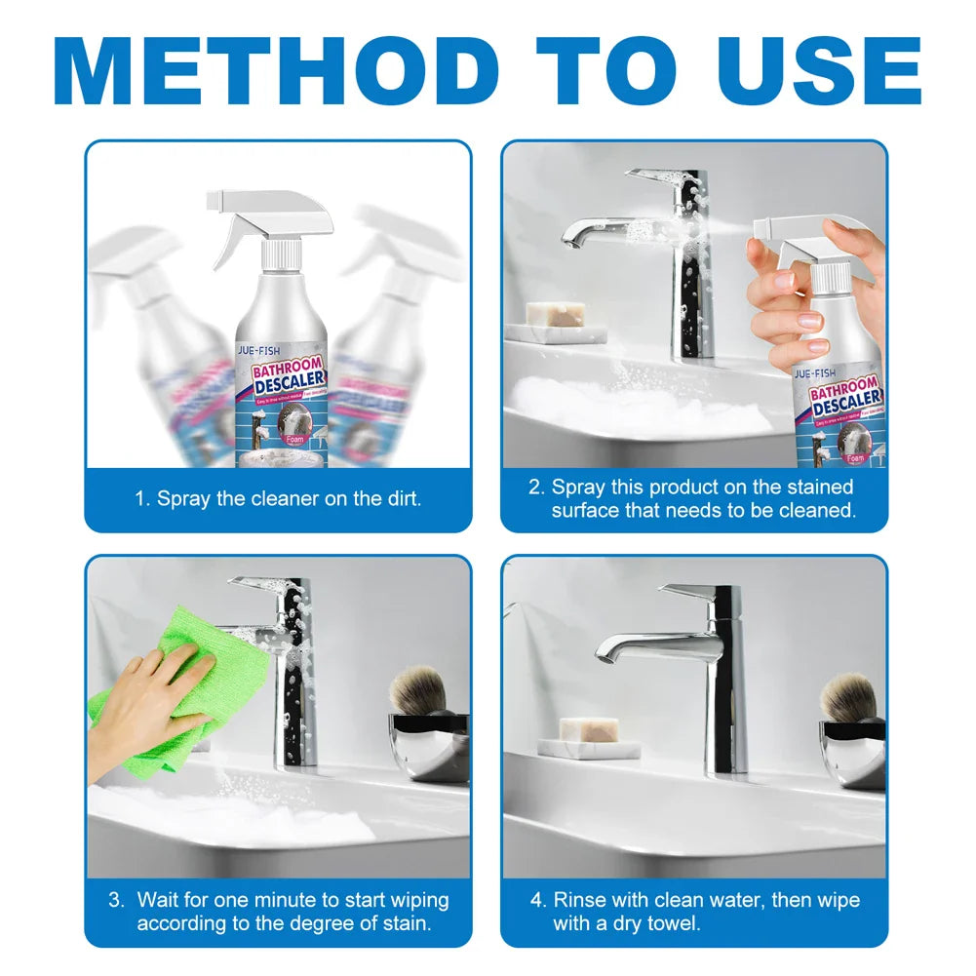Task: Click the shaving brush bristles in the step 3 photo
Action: pos(417,688)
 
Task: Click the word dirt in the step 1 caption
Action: pos(400,498)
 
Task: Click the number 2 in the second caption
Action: pos(534,487)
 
